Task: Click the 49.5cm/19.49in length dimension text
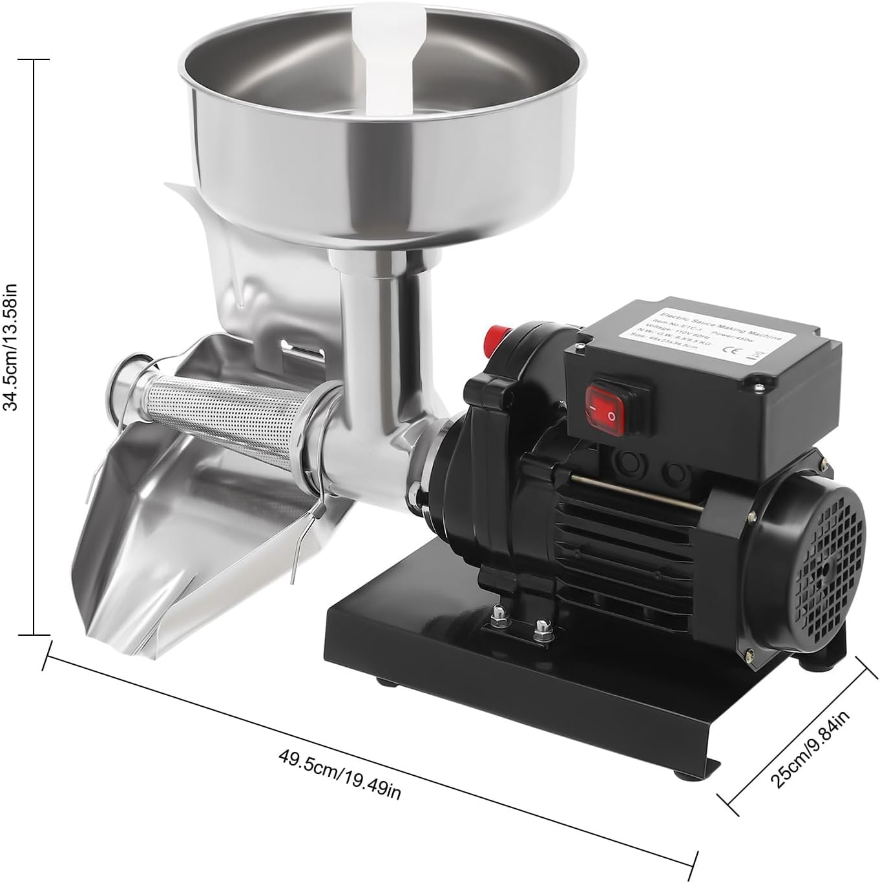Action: (x=340, y=773)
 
